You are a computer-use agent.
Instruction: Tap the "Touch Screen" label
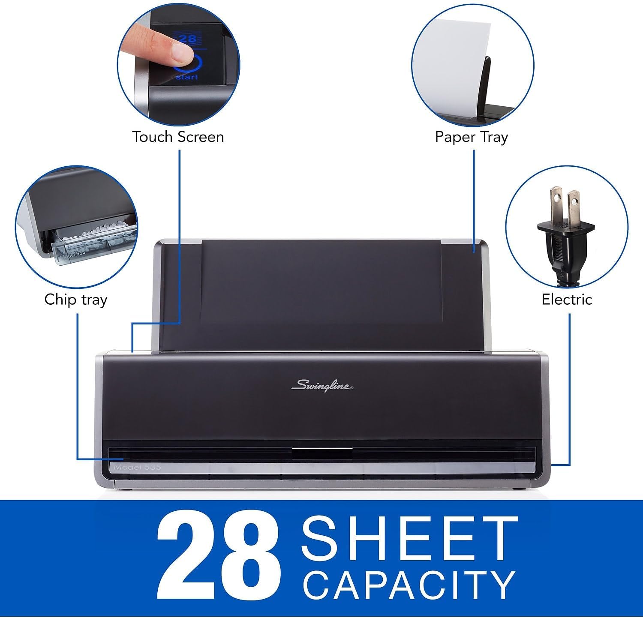pos(178,137)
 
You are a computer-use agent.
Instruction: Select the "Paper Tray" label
pos(472,137)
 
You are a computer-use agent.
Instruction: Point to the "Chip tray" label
pos(75,300)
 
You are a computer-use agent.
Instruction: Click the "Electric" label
pos(567,299)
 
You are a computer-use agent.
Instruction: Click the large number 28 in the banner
pos(219,557)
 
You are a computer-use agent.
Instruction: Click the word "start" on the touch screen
pos(187,77)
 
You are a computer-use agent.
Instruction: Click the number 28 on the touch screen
pos(187,39)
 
